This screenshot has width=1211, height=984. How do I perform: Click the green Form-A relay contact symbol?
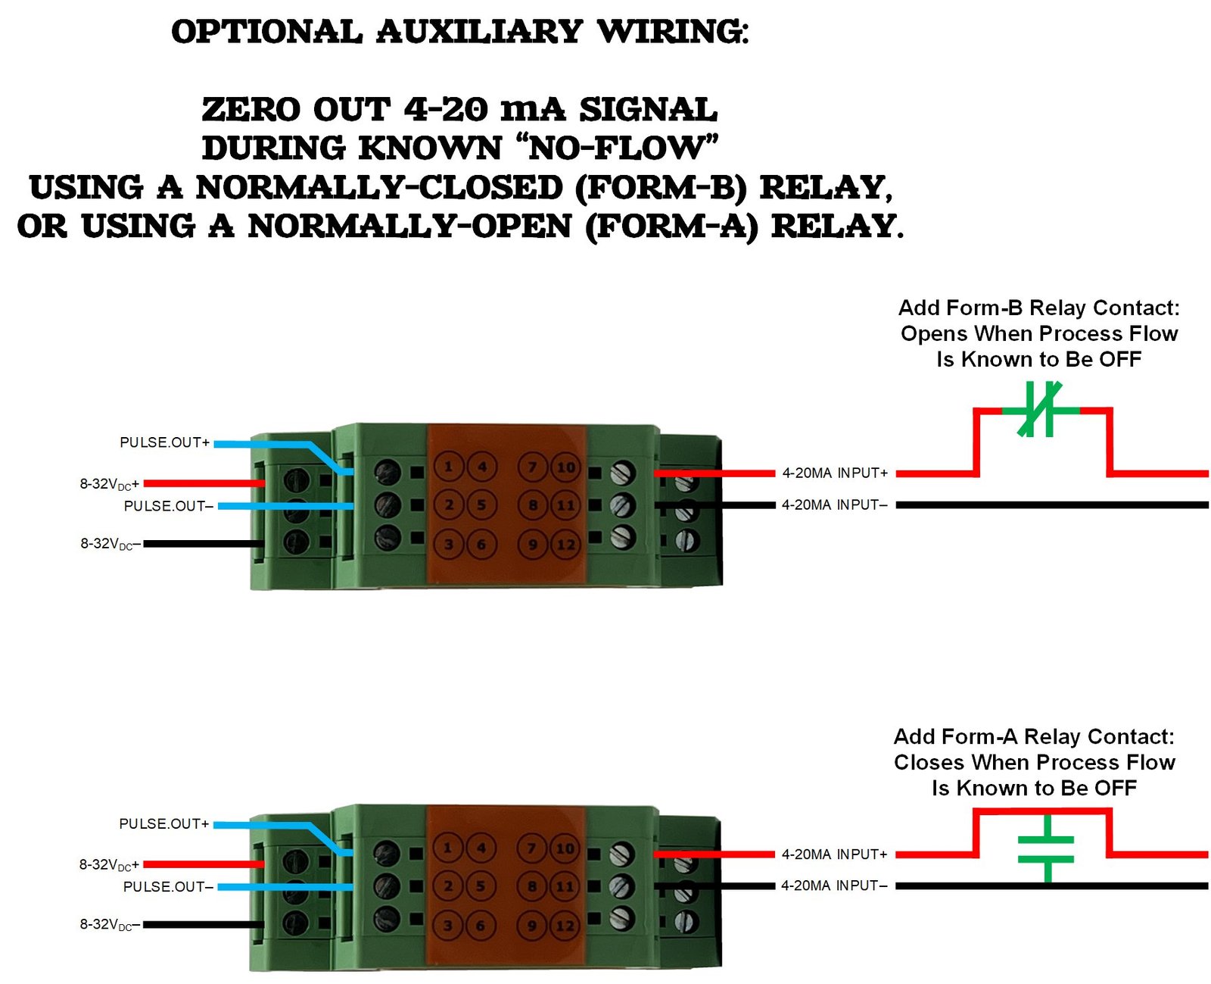point(1047,849)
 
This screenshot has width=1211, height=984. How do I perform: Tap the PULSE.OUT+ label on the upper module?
point(164,442)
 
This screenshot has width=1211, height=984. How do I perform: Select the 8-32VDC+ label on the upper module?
point(110,484)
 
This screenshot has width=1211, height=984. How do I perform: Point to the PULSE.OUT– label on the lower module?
point(168,887)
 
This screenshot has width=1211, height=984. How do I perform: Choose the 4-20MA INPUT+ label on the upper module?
point(834,473)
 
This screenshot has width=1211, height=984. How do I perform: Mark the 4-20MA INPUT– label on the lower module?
point(834,886)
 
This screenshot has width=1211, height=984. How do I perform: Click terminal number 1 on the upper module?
point(449,467)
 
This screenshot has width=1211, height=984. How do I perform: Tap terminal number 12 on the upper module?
point(565,545)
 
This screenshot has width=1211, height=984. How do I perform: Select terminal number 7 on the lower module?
point(532,848)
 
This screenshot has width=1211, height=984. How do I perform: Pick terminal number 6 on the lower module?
point(481,926)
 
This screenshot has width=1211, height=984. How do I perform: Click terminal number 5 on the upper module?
point(481,504)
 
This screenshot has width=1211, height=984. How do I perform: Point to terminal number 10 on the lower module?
point(565,848)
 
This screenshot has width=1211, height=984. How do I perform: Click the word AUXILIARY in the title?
point(479,32)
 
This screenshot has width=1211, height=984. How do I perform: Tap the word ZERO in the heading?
point(251,110)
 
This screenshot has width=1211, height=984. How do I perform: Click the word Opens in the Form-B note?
point(934,334)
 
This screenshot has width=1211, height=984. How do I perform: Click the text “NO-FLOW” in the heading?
point(615,148)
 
